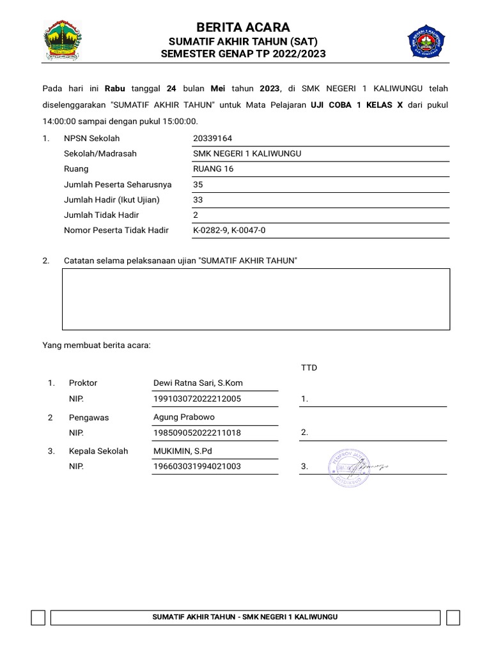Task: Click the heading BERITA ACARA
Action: pos(243,27)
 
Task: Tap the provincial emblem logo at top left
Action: pos(61,40)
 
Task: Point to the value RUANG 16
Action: pos(214,169)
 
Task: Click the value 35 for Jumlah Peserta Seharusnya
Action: pos(198,185)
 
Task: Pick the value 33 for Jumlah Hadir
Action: pos(198,200)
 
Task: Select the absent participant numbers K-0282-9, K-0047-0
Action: pos(229,231)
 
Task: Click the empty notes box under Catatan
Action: pos(256,299)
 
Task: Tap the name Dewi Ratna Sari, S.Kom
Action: pos(198,383)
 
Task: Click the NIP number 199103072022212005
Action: pos(197,399)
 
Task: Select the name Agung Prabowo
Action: pos(184,418)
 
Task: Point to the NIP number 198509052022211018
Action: pos(197,433)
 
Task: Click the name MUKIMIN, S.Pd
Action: pos(183,451)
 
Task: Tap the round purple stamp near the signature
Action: pos(348,468)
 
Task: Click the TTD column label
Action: pos(309,368)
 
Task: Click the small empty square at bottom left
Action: pos(38,618)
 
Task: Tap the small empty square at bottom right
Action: pos(453,618)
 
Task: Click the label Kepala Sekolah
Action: pos(98,451)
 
